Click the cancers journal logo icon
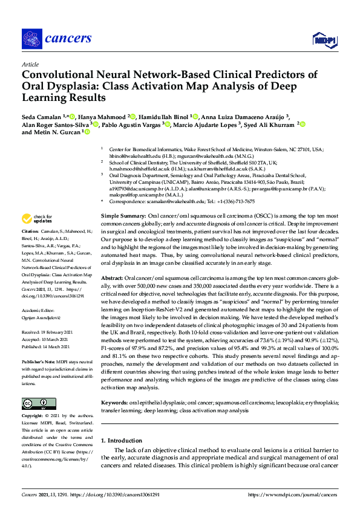[x=31, y=39]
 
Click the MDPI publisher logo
[x=324, y=40]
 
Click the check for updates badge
[x=36, y=218]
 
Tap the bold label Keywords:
[x=115, y=402]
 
